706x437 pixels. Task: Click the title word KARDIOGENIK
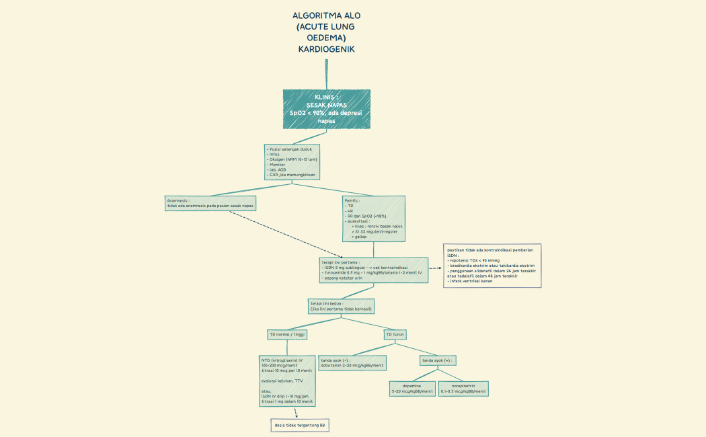click(x=326, y=49)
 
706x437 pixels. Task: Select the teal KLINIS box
click(x=326, y=108)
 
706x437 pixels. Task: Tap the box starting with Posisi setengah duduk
click(x=292, y=161)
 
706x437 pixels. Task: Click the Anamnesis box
click(x=211, y=203)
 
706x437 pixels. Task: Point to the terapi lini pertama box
click(x=373, y=270)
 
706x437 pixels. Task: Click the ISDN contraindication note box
click(x=492, y=266)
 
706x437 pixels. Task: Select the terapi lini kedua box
click(x=341, y=306)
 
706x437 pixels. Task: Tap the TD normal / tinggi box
click(x=287, y=334)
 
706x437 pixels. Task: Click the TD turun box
click(x=395, y=334)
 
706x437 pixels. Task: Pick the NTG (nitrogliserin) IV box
click(x=287, y=381)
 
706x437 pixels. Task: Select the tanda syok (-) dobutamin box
click(x=352, y=362)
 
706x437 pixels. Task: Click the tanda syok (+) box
click(x=437, y=360)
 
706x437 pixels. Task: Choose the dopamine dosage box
click(x=412, y=388)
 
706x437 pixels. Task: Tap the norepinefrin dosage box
click(x=463, y=388)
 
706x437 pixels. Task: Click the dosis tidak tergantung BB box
click(x=299, y=426)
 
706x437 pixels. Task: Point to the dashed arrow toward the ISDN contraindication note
click(x=435, y=268)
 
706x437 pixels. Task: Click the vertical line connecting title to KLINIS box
click(x=326, y=74)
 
